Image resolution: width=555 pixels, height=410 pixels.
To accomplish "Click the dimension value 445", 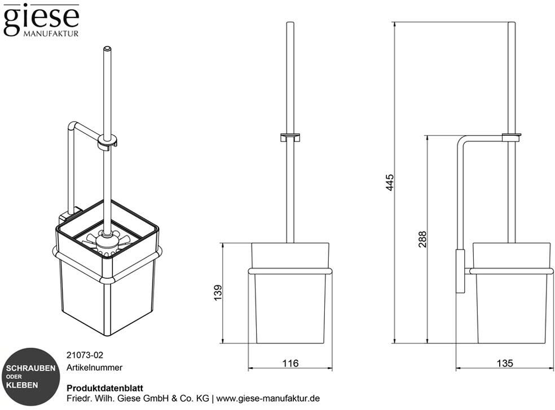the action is coord(390,182).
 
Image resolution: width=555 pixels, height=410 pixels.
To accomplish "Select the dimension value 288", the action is coord(422,239).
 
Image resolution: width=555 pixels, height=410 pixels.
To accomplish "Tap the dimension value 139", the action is coord(218,293).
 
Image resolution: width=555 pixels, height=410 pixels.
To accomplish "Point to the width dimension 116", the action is coord(290,363).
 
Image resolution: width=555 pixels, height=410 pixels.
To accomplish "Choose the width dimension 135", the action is coord(505,363).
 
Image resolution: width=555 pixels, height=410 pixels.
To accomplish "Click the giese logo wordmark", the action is coord(41,20).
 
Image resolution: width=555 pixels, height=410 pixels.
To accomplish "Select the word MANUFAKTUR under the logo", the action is coord(51,34).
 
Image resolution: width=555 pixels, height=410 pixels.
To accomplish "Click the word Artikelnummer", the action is coord(95,368).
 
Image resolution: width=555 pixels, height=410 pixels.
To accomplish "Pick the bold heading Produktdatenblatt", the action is coord(105,388).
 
